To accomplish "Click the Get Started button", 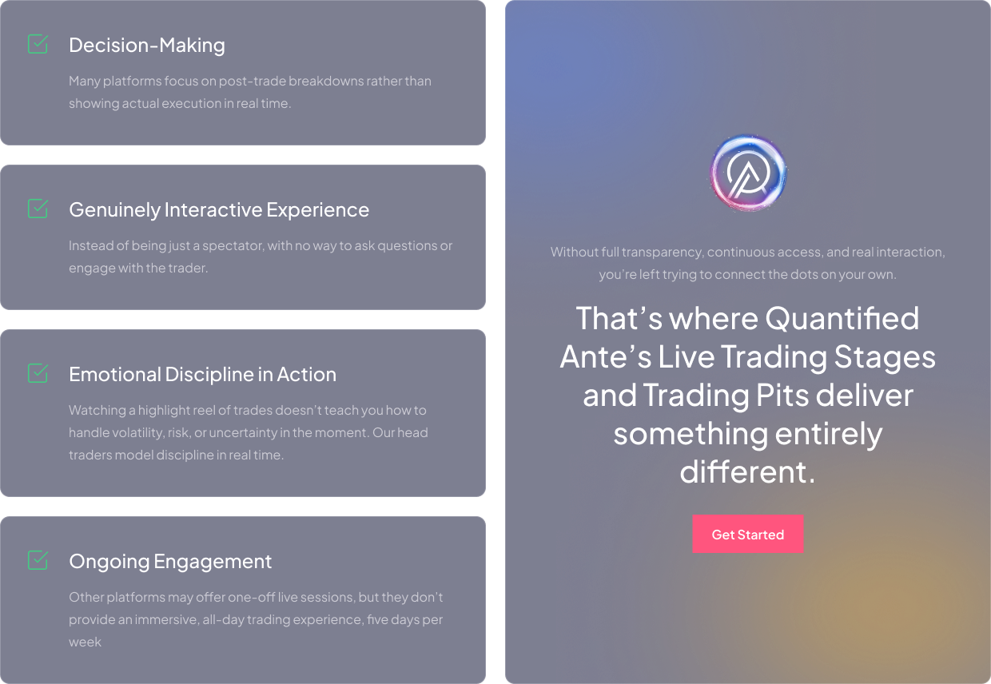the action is coord(748,534).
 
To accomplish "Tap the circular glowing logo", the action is coord(748,173).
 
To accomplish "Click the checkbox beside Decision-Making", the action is coord(38,44).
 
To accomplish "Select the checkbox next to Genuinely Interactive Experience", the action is coord(38,209).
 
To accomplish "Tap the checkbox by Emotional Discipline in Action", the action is coord(38,373).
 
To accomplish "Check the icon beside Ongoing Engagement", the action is coord(38,560).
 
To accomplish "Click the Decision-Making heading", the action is coord(147,45).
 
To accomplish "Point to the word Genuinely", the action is coord(114,210).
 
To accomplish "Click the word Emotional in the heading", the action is coord(115,374).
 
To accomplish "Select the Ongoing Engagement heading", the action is coord(170,562).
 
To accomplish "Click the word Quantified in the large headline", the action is coord(842,318).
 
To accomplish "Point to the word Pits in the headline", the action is coord(782,395).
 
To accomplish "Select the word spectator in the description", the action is coord(233,246).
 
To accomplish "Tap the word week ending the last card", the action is coord(85,642).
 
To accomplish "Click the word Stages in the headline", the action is coord(885,357).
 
